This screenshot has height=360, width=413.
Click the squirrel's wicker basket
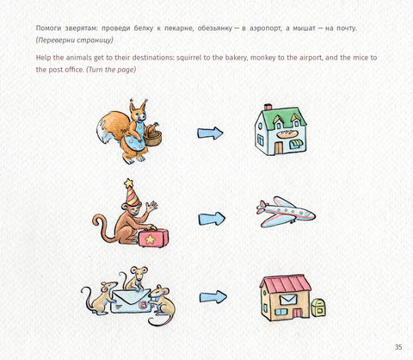click(152, 137)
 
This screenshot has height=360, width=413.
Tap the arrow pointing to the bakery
click(210, 133)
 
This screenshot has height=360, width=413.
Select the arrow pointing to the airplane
click(212, 219)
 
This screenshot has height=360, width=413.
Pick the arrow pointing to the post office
click(213, 297)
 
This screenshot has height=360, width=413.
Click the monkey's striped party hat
click(132, 192)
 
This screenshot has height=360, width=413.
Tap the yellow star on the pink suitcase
click(150, 239)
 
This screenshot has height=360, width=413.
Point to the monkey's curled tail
click(101, 228)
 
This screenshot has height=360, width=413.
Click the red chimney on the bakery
click(268, 107)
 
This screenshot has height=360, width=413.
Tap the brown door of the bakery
click(278, 148)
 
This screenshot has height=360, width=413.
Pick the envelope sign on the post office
click(287, 300)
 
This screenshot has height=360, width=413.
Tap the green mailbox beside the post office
click(318, 307)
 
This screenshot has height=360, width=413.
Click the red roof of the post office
click(286, 283)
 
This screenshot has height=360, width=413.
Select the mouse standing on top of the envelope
click(134, 278)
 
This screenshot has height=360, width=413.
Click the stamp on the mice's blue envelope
click(143, 305)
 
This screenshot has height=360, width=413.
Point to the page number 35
click(398, 347)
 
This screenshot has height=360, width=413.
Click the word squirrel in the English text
click(189, 58)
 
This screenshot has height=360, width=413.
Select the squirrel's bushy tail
click(112, 127)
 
